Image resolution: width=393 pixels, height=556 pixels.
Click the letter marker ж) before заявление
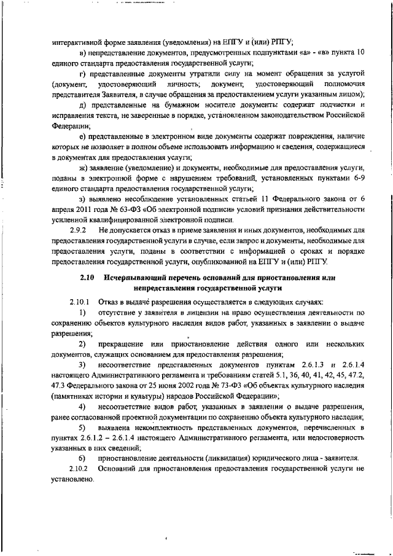point(83,167)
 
